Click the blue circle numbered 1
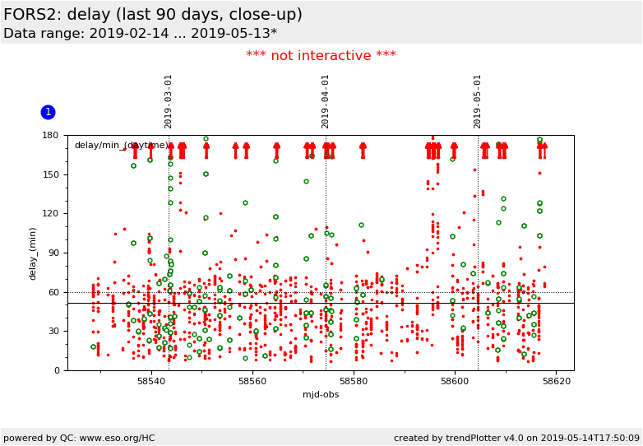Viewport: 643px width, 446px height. [x=48, y=112]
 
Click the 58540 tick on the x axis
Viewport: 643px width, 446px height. [x=151, y=382]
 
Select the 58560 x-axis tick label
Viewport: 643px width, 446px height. [x=252, y=382]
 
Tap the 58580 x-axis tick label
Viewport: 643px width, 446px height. [x=354, y=382]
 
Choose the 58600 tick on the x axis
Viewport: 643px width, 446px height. [x=455, y=382]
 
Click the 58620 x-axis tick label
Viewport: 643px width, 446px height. [x=557, y=382]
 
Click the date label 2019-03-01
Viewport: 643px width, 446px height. [x=169, y=101]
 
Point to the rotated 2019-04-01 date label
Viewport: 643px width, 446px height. [x=326, y=101]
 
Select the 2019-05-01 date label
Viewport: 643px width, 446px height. [x=478, y=101]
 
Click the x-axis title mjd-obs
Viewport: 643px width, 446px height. [x=321, y=395]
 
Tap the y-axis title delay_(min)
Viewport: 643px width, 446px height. [x=34, y=253]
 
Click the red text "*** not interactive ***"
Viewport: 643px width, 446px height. [x=321, y=56]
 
